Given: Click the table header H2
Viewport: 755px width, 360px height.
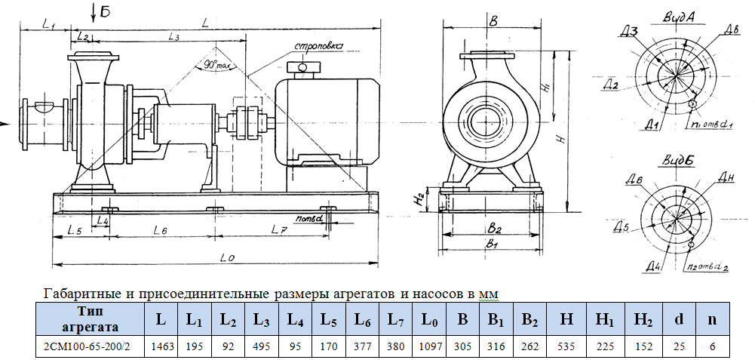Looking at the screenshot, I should coord(643,319).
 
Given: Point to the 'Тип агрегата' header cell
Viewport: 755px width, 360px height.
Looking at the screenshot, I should coord(91,319).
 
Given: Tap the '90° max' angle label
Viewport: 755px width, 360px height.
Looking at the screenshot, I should coord(216,66).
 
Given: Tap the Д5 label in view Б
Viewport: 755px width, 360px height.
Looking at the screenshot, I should coord(621,226).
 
